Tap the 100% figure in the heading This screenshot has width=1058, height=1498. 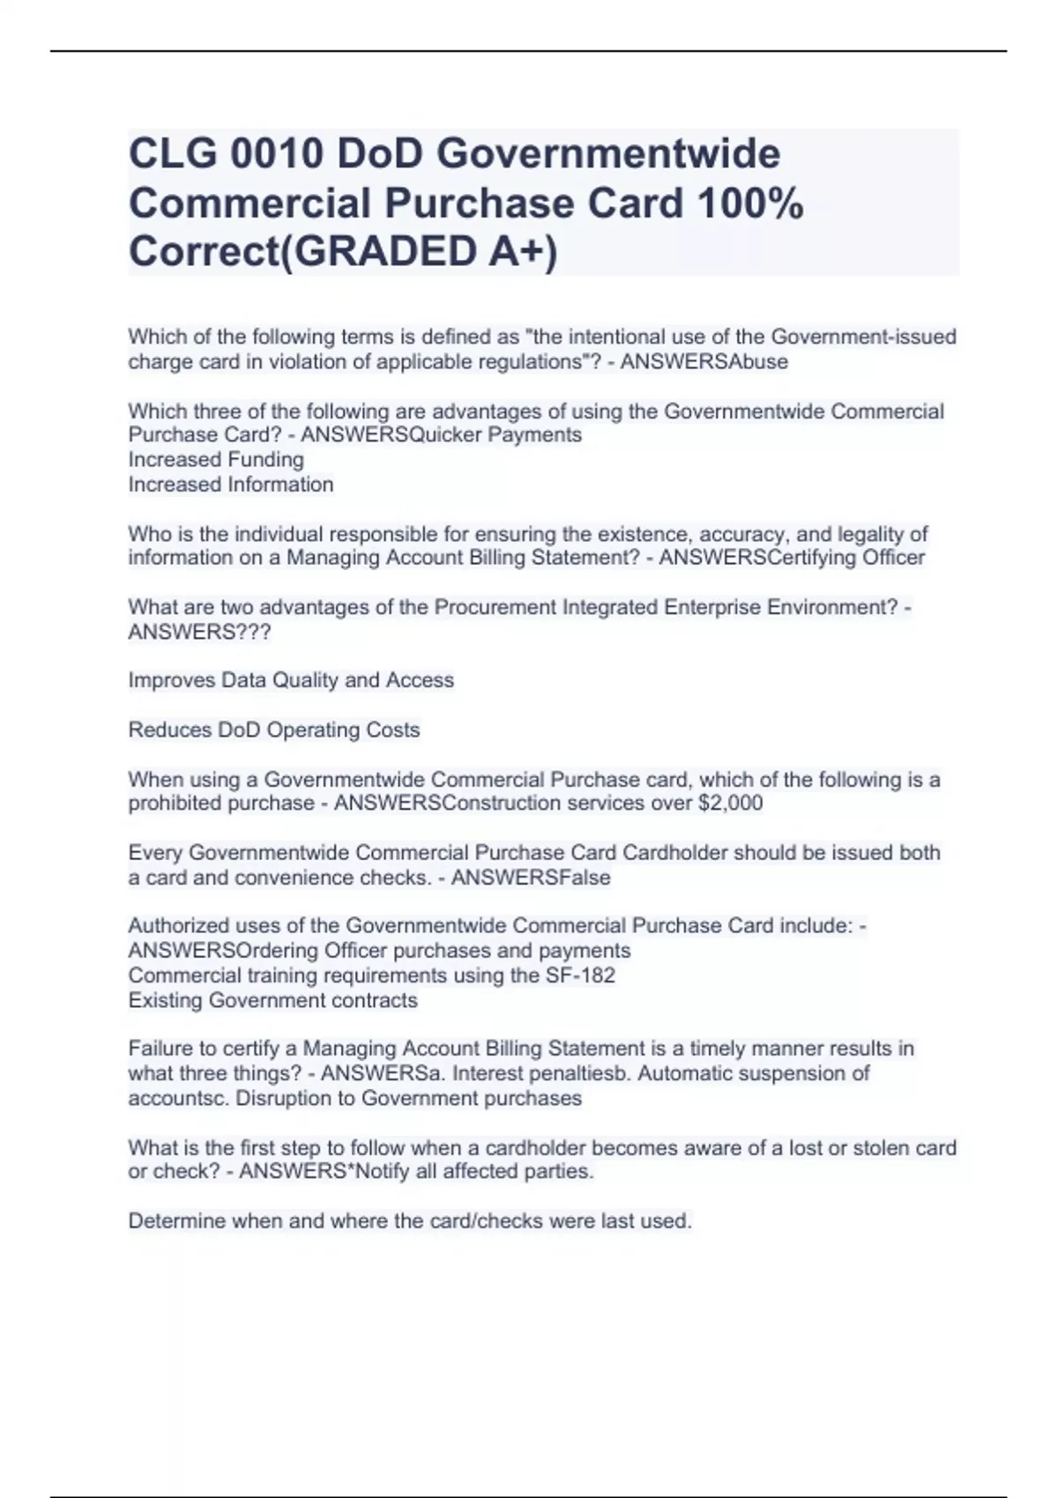click(x=749, y=204)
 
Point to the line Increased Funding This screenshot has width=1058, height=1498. click(x=216, y=460)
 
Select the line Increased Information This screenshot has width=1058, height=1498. click(x=231, y=485)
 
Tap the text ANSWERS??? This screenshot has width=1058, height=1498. click(x=199, y=633)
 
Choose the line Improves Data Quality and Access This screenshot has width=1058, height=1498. click(x=291, y=680)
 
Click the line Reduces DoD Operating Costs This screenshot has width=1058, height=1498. click(x=274, y=730)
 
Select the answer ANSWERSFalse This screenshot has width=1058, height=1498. click(x=531, y=878)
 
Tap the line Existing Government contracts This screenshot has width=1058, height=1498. click(x=273, y=1001)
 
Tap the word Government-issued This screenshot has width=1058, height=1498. click(x=863, y=337)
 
